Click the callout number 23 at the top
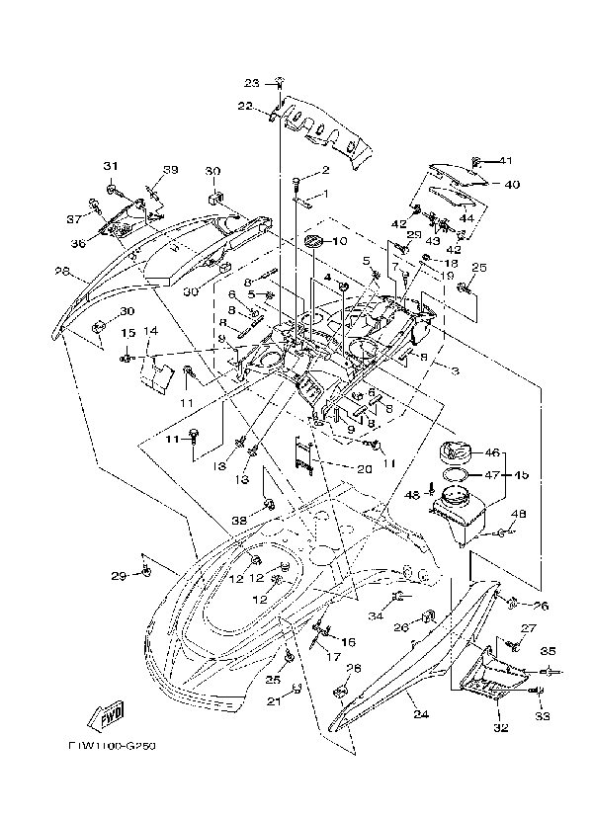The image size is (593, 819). point(251,82)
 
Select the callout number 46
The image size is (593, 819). point(491,452)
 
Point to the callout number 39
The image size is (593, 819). point(171,170)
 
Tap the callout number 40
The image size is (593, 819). point(512,184)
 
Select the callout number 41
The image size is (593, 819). point(506,161)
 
